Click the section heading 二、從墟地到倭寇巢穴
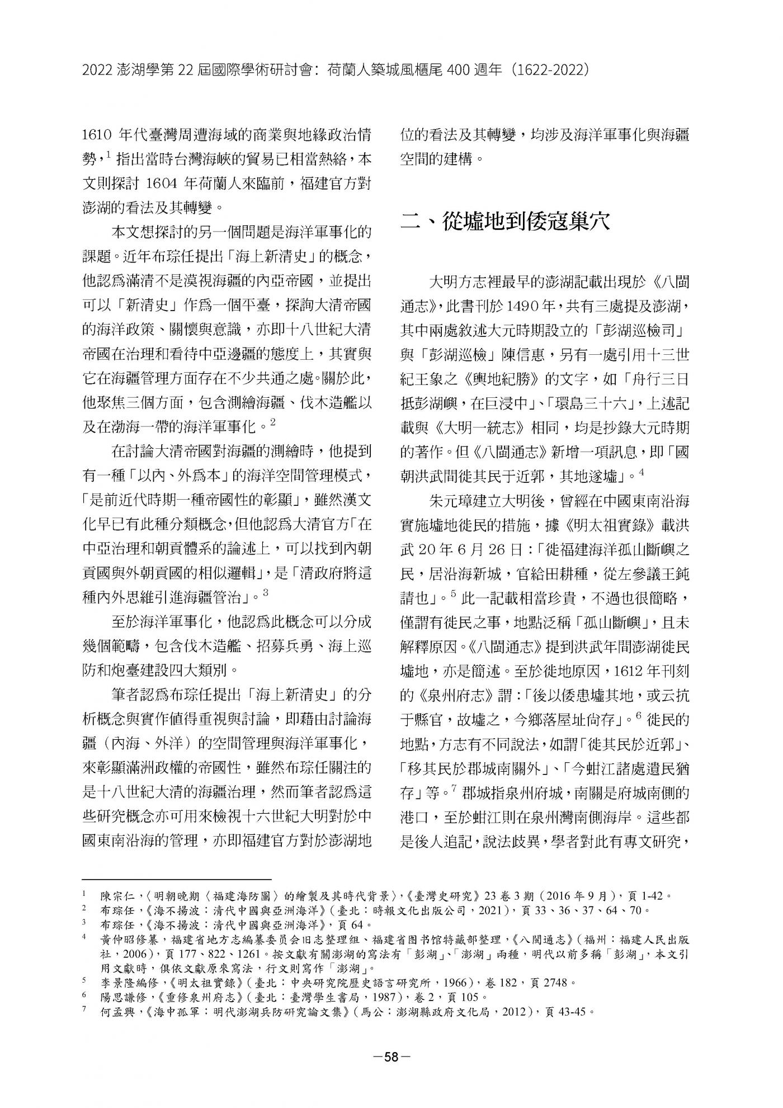tap(505, 222)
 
